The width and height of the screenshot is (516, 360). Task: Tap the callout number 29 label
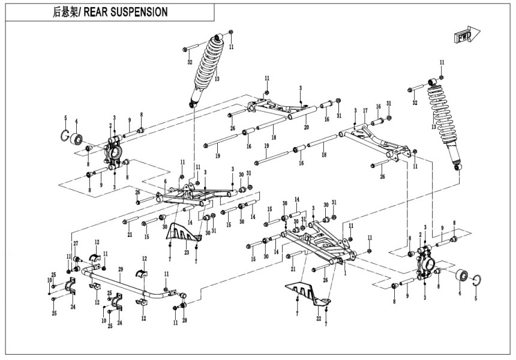pyautogui.click(x=121, y=269)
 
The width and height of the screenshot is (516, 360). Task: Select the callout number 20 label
pyautogui.click(x=306, y=127)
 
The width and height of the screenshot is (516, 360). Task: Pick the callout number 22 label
pyautogui.click(x=318, y=319)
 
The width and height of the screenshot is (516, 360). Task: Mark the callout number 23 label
pyautogui.click(x=187, y=253)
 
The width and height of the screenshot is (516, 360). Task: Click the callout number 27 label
pyautogui.click(x=76, y=243)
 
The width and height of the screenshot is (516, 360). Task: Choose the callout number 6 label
pyautogui.click(x=165, y=182)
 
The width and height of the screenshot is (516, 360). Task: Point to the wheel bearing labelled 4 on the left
pyautogui.click(x=77, y=139)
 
